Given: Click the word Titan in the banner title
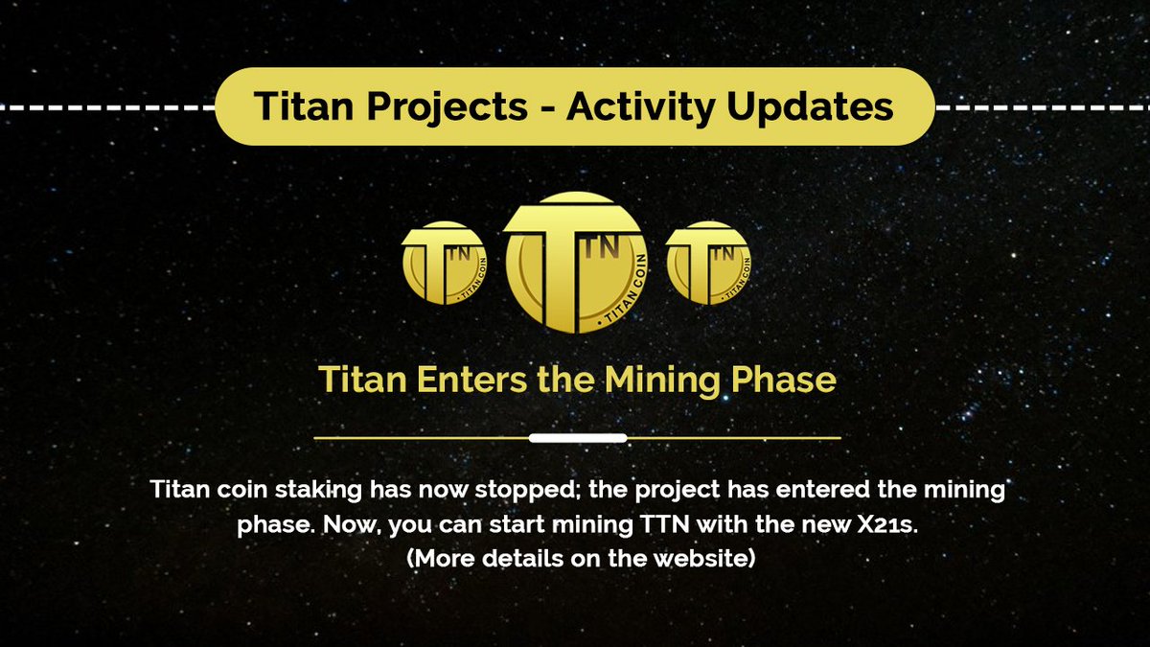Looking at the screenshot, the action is pyautogui.click(x=304, y=105).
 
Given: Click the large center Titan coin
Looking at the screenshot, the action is pyautogui.click(x=575, y=263).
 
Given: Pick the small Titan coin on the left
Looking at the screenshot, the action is pyautogui.click(x=444, y=263).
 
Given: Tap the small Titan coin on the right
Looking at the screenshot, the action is pyautogui.click(x=708, y=263).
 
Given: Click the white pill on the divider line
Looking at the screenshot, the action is pyautogui.click(x=578, y=438).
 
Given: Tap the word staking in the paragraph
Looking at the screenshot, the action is pyautogui.click(x=318, y=491).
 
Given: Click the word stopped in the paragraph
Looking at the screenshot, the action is pyautogui.click(x=528, y=491).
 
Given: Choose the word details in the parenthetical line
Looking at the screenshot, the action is pyautogui.click(x=521, y=559).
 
